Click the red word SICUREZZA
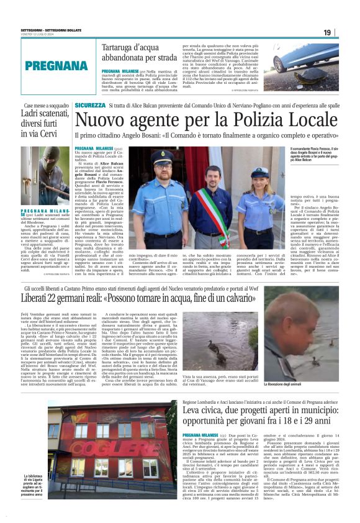pos(89,106)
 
